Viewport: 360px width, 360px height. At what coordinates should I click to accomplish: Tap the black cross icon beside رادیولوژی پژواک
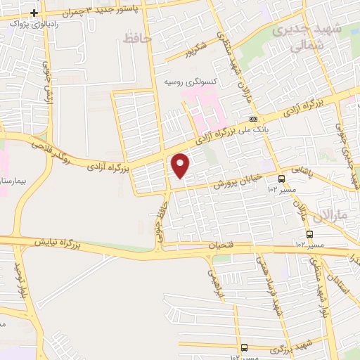point(34,13)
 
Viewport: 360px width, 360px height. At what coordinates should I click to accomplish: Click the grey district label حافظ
point(137,38)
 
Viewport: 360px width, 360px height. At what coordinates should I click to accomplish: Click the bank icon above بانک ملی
point(253,119)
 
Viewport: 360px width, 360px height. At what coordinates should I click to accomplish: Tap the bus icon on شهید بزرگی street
point(244,347)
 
